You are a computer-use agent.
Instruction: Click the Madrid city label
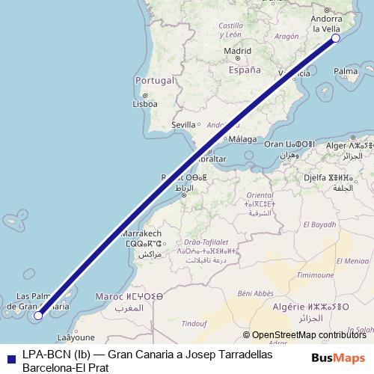237,51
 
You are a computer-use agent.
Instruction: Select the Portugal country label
153,80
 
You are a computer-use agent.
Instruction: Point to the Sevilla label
183,124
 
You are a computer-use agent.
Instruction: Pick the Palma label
346,72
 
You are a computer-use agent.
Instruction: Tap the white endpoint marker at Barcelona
335,38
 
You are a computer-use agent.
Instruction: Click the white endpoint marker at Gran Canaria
38,316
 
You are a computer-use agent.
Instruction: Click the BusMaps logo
339,358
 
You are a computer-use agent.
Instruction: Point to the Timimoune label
315,275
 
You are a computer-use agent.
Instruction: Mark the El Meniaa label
353,261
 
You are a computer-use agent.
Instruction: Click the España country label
245,70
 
